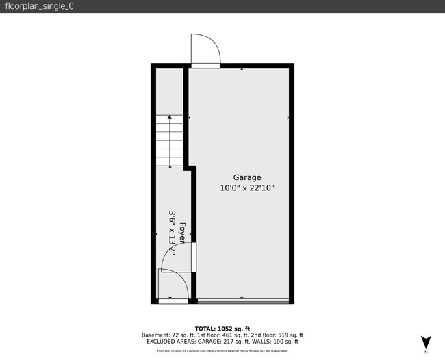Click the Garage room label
tap(246, 177)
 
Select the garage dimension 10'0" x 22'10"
tap(246, 188)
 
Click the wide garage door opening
tap(243, 301)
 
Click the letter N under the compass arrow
tap(426, 352)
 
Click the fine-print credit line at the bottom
tap(222, 350)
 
